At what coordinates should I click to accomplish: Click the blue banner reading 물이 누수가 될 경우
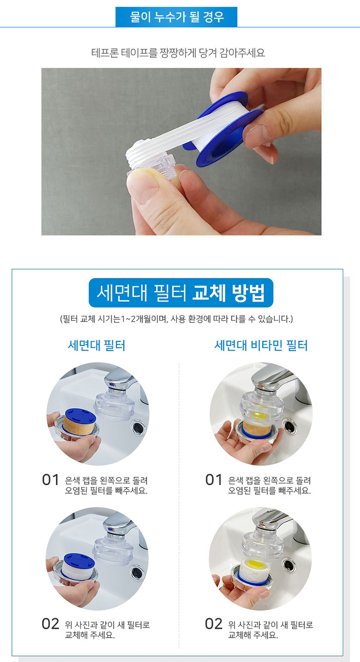pos(176,17)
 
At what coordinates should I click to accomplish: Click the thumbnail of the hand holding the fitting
pos(181,151)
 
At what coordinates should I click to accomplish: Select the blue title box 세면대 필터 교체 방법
pos(181,293)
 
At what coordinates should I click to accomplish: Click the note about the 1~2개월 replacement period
pos(176,319)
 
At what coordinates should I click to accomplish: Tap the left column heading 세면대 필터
pos(96,345)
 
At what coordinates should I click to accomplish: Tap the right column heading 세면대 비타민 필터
pos(261,345)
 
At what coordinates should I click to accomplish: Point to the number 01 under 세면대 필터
pos(50,480)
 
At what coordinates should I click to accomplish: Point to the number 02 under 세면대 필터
pos(50,624)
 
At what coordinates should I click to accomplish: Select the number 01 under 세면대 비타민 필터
pos(214,480)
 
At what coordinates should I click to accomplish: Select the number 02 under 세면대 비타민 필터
pos(214,624)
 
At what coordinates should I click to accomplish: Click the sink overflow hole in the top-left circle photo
pos(138,427)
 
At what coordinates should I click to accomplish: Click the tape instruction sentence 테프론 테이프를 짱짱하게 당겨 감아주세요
pos(178,53)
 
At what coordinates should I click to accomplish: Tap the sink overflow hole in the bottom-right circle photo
pos(288,565)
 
